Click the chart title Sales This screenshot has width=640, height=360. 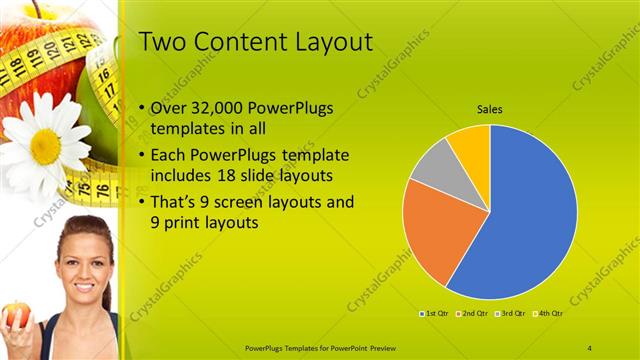tap(489, 109)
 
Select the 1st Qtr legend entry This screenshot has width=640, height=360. tap(436, 313)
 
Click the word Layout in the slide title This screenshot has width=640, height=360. tap(330, 41)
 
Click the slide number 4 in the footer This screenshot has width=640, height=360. tap(589, 347)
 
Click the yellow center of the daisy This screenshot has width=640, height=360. tap(45, 146)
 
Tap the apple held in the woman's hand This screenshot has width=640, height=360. tap(16, 316)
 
